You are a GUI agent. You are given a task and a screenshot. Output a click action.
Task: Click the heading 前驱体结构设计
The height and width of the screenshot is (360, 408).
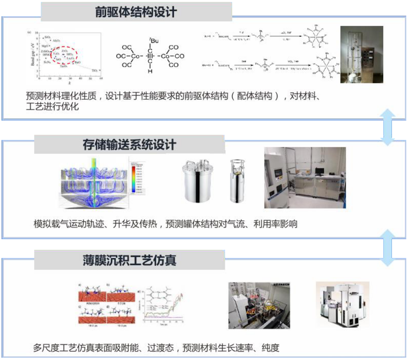136,12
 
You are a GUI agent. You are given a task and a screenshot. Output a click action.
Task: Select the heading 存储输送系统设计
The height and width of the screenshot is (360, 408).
129,145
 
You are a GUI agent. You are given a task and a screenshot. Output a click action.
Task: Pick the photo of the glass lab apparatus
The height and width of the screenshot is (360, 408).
362,54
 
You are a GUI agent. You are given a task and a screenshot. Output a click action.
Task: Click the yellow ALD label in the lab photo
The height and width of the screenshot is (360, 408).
250,311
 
